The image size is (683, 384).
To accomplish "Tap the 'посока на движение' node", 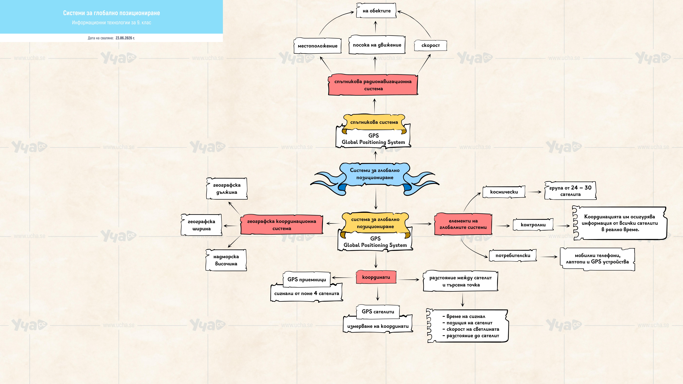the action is tap(377, 45).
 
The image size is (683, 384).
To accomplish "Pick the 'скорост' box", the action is tap(431, 45).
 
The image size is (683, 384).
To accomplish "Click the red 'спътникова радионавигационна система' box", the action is tap(373, 85).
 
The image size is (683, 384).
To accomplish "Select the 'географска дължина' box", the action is tap(227, 188).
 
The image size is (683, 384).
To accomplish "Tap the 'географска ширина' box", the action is tap(202, 225).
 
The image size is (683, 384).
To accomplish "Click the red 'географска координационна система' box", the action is tap(282, 225).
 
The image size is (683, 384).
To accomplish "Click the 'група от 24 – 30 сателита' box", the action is tap(570, 191).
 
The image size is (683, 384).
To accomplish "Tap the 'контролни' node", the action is tap(533, 225).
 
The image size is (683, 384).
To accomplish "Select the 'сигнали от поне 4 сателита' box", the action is tap(307, 293).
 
